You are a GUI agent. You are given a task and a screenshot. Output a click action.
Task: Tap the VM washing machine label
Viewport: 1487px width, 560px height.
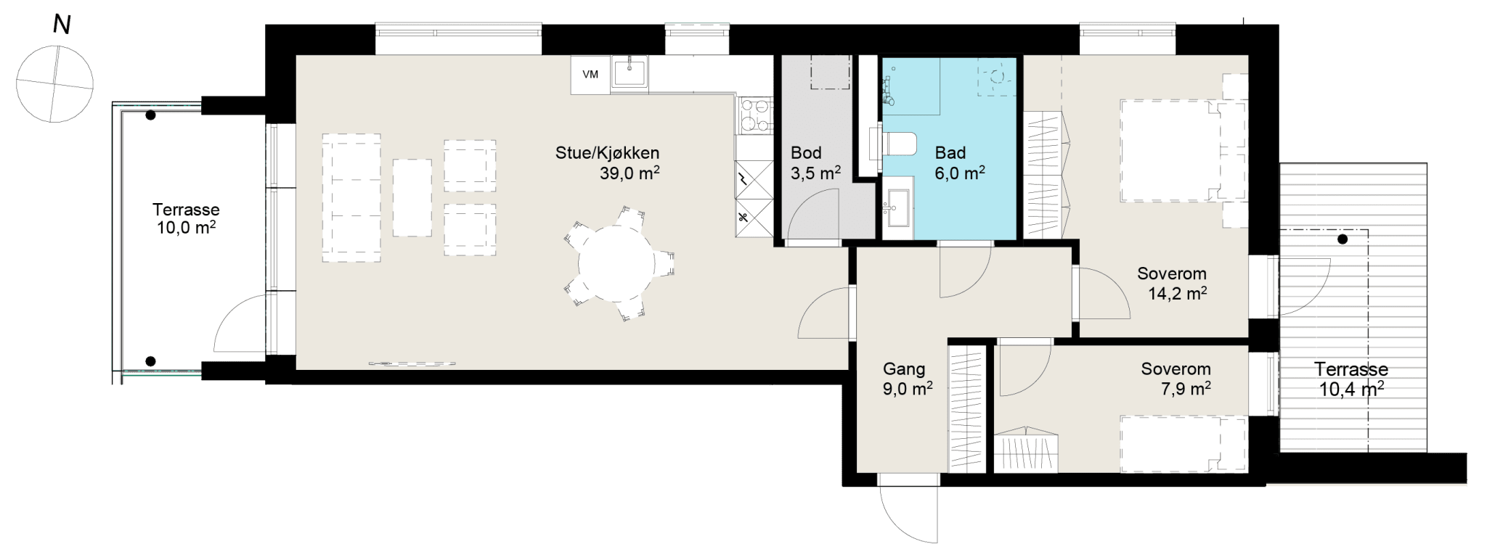[x=590, y=75]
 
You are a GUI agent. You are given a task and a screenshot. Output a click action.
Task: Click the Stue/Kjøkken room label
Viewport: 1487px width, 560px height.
[x=607, y=153]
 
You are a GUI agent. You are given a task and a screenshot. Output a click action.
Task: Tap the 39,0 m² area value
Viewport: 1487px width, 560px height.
[x=630, y=173]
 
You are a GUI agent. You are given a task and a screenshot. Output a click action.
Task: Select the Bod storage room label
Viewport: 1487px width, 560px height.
[x=806, y=153]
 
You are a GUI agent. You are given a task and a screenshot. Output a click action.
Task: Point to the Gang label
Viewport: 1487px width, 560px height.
[x=904, y=369]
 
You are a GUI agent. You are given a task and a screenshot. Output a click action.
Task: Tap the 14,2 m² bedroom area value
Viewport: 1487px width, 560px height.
[x=1177, y=294]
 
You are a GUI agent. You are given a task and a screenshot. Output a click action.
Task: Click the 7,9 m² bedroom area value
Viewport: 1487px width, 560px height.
[x=1186, y=389]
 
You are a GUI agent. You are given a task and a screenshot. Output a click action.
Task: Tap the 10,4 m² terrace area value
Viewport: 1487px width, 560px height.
[x=1350, y=390]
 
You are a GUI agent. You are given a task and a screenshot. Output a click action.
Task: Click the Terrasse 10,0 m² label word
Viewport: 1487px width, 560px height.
[x=186, y=210]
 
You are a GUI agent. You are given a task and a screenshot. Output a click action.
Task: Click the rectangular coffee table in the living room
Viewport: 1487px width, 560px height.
[x=412, y=197]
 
